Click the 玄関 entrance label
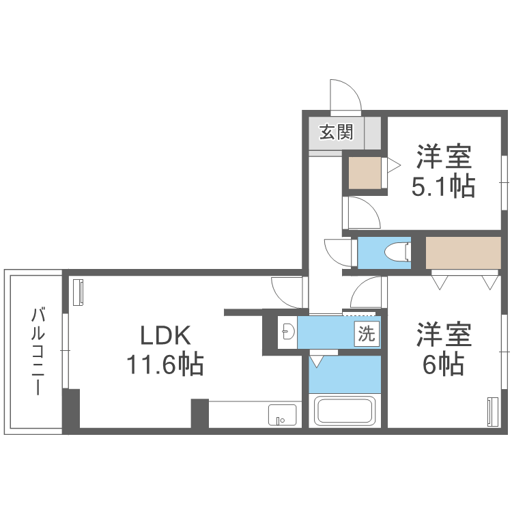[x=337, y=132]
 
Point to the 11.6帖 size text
[x=164, y=365]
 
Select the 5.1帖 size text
[x=443, y=186]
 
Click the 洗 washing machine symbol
[x=367, y=335]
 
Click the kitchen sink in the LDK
[x=282, y=414]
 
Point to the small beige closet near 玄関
[x=364, y=173]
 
